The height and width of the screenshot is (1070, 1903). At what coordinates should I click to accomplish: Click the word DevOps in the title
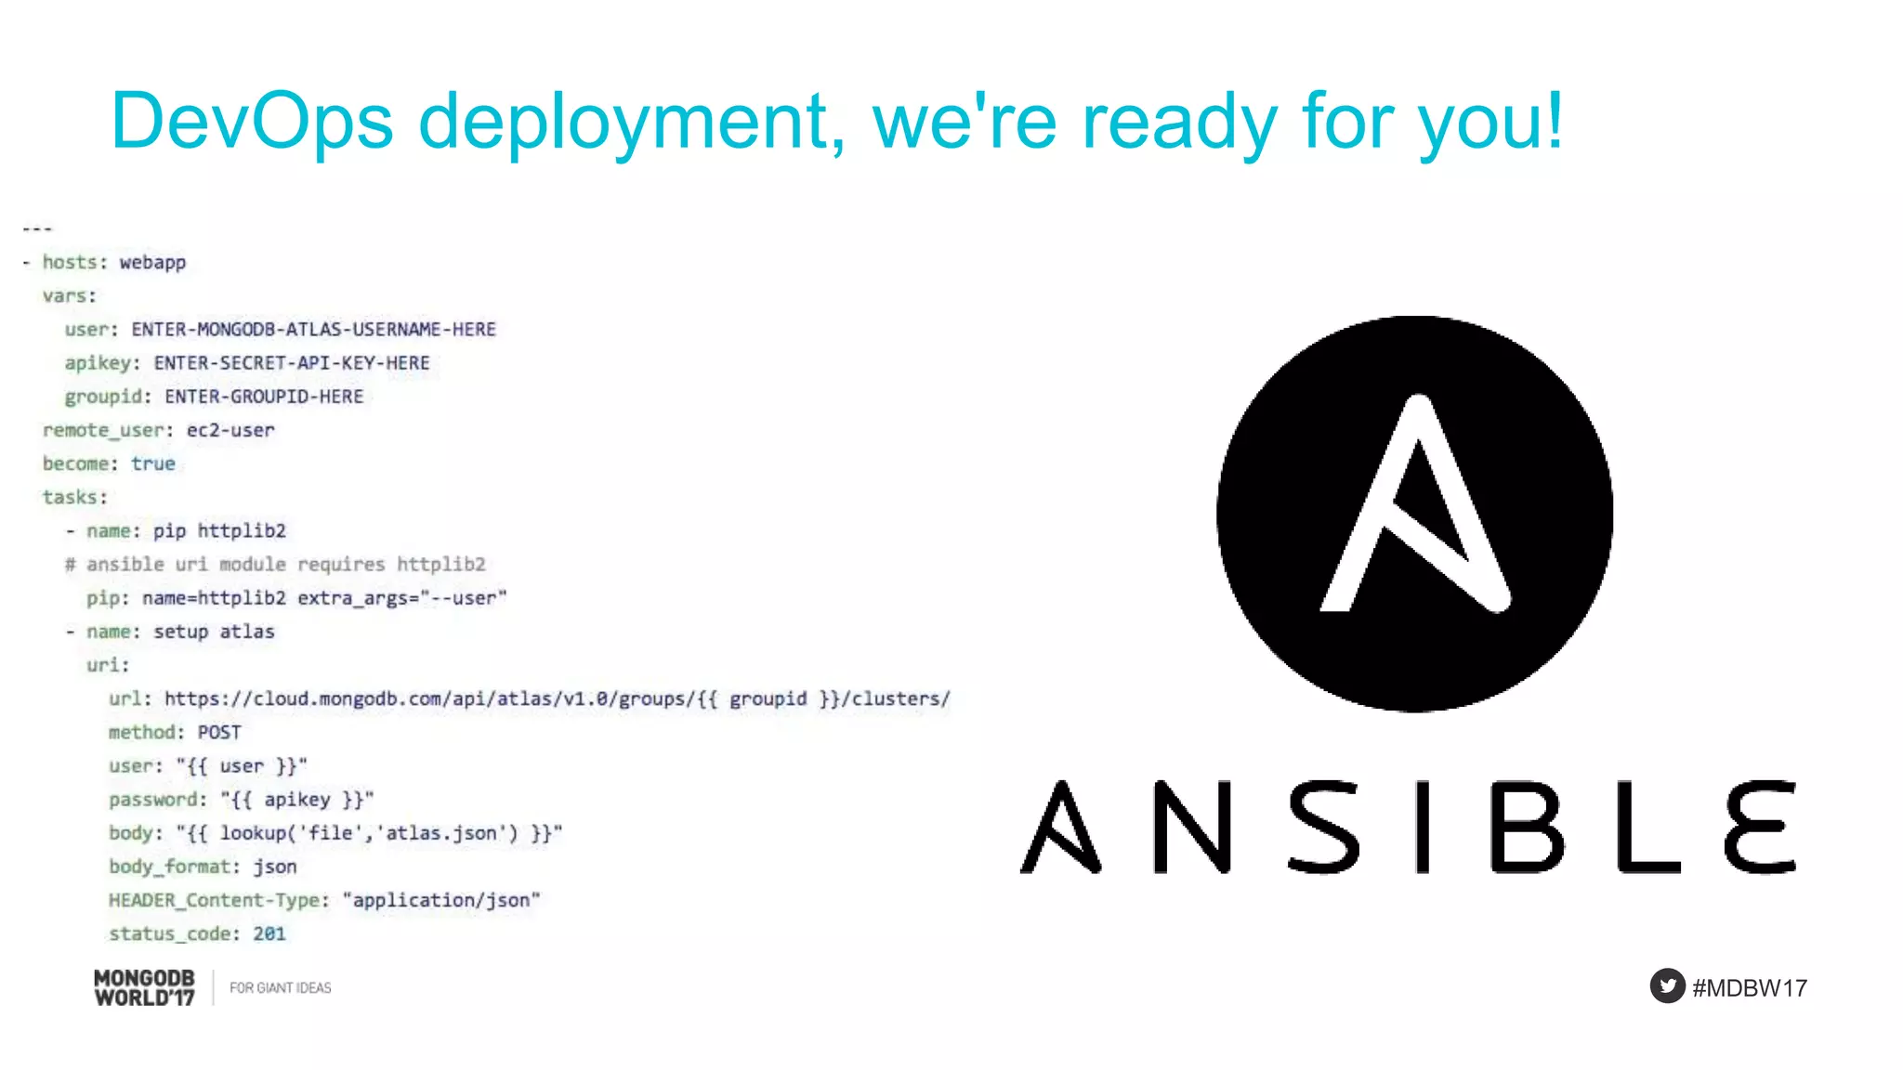coord(251,121)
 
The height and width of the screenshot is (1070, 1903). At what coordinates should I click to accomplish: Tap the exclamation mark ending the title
coord(1553,121)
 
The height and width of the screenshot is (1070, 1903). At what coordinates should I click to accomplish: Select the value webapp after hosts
coord(152,263)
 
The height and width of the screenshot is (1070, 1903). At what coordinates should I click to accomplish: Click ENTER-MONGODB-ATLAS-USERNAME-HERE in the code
coord(313,330)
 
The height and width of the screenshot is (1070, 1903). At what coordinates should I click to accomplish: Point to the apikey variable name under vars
coord(97,363)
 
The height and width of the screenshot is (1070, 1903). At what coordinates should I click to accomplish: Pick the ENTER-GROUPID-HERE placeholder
coord(264,397)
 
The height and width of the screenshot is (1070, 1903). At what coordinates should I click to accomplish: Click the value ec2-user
coord(230,430)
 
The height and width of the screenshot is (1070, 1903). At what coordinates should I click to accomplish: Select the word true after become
coord(153,463)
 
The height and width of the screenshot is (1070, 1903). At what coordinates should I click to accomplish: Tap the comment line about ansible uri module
coord(275,564)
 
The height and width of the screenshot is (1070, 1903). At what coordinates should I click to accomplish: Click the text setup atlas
coord(214,632)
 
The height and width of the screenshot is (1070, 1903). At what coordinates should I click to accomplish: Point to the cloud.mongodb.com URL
coord(557,698)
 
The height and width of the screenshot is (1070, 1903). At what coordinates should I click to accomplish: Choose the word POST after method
coord(219,732)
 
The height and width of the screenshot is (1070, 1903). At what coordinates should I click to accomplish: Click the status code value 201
coord(269,933)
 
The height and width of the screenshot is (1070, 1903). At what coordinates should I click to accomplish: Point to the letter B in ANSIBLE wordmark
coord(1527,827)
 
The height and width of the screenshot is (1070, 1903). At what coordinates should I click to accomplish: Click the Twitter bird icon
coord(1667,985)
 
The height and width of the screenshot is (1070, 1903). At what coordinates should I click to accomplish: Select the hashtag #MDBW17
coord(1750,987)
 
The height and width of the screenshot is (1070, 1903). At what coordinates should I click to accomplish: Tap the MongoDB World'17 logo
coord(145,987)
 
